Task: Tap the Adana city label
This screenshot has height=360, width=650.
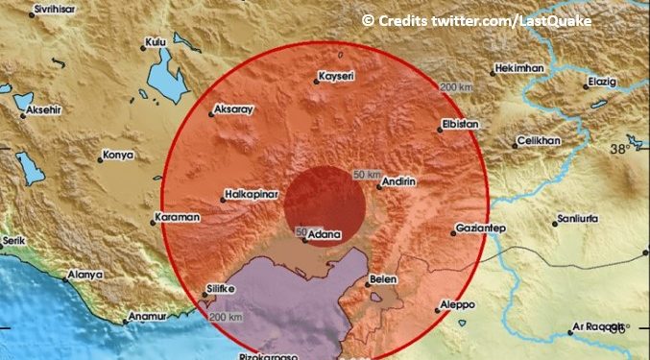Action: pos(319,232)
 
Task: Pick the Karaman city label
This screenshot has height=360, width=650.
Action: pos(180,217)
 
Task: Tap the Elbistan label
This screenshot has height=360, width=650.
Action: pos(458,123)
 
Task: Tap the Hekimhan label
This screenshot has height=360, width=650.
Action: pos(519,69)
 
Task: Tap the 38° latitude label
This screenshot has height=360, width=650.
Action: pos(623,149)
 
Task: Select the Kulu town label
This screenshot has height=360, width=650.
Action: pos(154,42)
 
